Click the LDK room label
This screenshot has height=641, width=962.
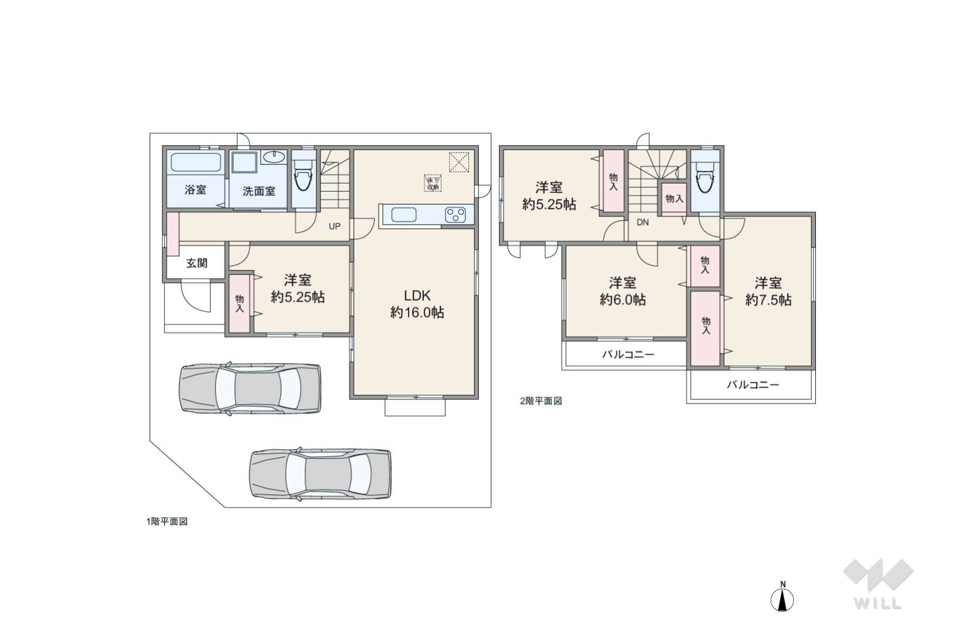click(x=417, y=295)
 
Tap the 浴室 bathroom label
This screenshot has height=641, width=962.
click(x=195, y=189)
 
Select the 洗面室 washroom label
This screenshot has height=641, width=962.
click(x=258, y=191)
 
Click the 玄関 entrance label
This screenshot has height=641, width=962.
click(x=197, y=263)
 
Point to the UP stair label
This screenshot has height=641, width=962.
click(x=335, y=226)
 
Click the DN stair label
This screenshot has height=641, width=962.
click(x=643, y=222)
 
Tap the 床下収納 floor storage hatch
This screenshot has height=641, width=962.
click(x=433, y=183)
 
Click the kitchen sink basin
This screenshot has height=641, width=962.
click(x=404, y=215)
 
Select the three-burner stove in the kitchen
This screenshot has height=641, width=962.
click(x=455, y=215)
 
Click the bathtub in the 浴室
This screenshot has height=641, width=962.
click(x=196, y=162)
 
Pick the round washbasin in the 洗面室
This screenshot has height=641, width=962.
click(x=274, y=157)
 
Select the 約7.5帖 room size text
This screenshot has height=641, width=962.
click(x=768, y=300)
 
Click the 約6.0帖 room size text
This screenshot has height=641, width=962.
click(x=622, y=300)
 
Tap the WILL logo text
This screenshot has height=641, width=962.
click(x=877, y=603)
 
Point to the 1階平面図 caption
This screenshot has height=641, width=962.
click(x=167, y=522)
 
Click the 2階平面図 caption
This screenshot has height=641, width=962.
click(x=541, y=401)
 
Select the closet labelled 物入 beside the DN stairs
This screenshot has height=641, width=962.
click(x=674, y=199)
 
